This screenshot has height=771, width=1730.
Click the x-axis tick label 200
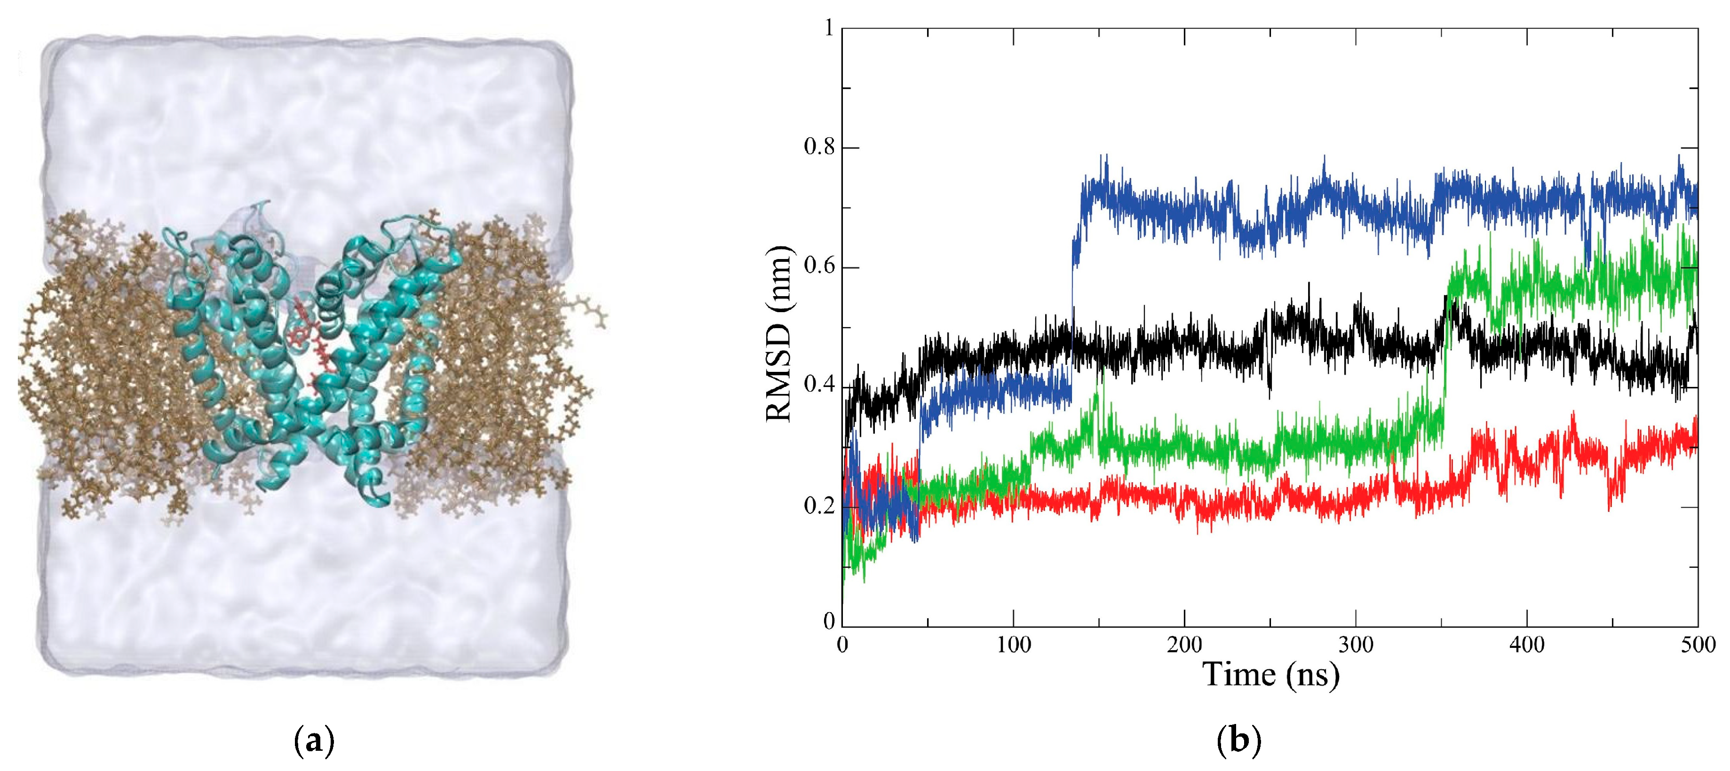click(x=1185, y=645)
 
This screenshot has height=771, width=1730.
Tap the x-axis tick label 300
click(x=1356, y=645)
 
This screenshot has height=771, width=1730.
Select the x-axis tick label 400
click(x=1527, y=645)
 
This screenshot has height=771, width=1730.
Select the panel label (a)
click(x=314, y=743)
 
